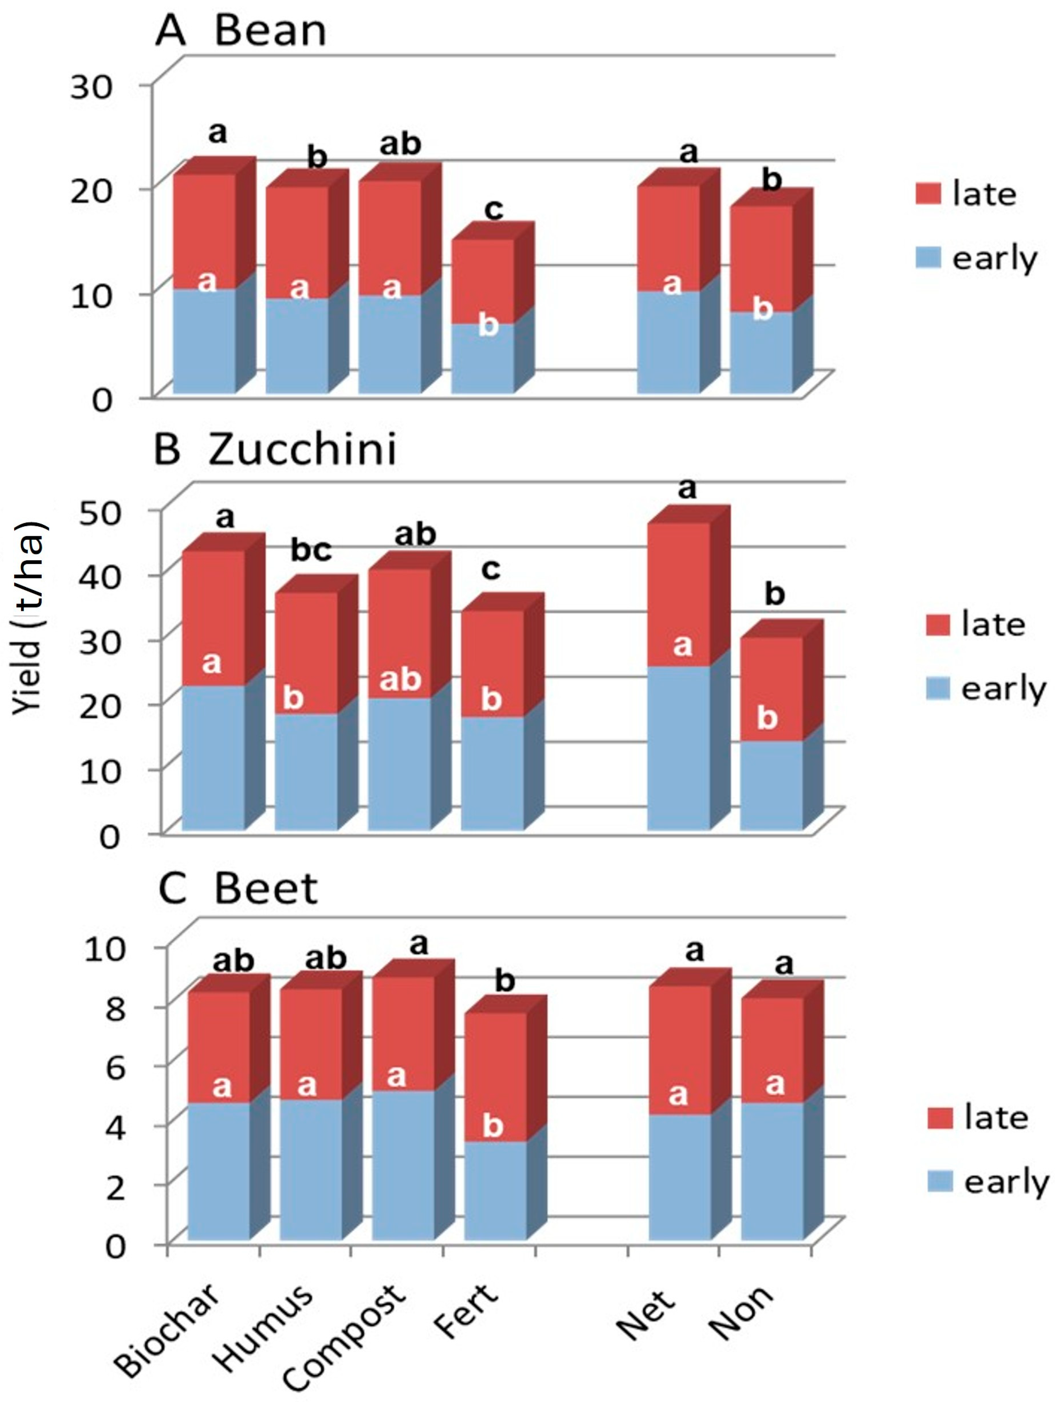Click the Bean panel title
241,30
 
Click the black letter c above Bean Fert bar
493,209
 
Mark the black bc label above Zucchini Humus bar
311,550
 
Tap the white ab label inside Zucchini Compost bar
400,679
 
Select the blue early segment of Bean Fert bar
482,361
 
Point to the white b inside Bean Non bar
762,309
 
